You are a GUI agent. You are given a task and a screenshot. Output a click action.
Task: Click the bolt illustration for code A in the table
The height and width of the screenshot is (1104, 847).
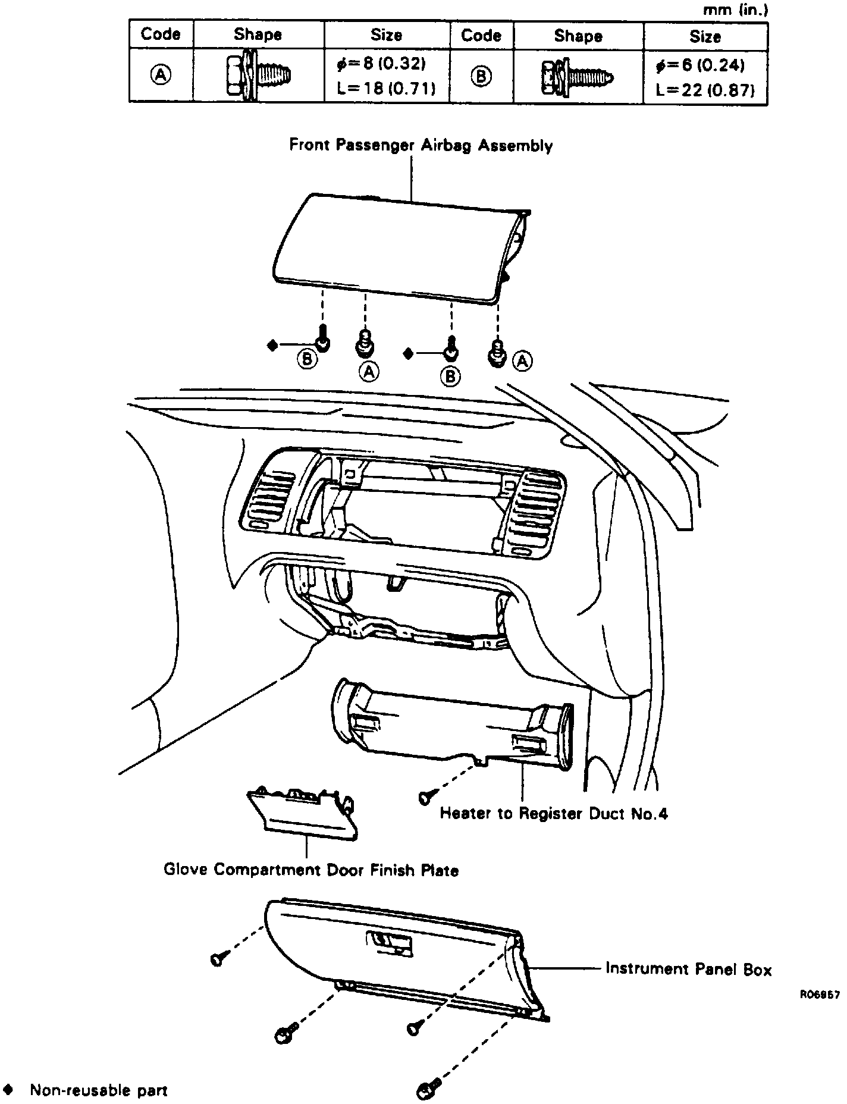pos(259,76)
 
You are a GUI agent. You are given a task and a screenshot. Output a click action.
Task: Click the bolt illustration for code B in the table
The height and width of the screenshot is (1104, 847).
pos(578,77)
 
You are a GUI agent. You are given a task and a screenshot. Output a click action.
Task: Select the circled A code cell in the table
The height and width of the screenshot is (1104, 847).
pos(161,76)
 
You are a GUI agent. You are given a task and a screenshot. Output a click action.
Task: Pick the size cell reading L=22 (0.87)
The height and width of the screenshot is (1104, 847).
pos(705,90)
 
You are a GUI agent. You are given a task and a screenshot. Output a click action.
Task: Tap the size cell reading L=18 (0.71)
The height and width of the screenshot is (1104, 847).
pos(386,89)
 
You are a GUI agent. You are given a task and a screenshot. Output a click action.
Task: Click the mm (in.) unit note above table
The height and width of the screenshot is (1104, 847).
pos(736,10)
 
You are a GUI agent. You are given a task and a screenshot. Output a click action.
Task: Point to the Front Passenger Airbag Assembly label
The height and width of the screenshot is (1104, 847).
pos(421,146)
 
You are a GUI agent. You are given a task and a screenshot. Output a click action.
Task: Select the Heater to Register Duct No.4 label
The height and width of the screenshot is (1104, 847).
pos(553,813)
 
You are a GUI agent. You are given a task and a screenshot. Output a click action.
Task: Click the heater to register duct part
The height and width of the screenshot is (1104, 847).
pos(452,726)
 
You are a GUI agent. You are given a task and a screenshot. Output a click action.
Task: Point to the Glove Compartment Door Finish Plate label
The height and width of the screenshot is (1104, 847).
pos(311,870)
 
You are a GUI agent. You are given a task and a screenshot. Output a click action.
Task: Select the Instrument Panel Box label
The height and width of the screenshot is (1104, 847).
pos(688,969)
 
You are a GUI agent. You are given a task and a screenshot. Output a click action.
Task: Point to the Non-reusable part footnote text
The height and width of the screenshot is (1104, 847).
pos(99,1090)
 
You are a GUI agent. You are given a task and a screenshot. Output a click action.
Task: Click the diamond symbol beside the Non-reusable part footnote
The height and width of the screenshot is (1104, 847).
pos(8,1090)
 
